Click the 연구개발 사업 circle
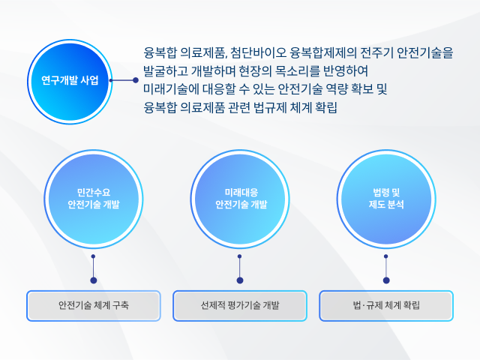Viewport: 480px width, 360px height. tap(70, 82)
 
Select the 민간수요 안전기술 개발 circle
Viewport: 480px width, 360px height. tap(93, 199)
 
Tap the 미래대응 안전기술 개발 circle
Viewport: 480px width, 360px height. tap(240, 199)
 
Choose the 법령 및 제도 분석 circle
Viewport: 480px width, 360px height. tap(386, 199)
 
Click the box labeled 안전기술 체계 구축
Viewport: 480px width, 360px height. tap(94, 305)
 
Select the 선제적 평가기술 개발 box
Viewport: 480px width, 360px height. tap(240, 305)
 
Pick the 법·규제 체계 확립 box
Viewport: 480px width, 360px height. tap(386, 305)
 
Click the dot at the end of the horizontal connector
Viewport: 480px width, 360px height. tap(136, 80)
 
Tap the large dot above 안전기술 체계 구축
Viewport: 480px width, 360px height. tap(94, 280)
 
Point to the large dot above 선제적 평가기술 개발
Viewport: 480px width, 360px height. tap(240, 280)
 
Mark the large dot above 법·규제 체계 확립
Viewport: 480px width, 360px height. tap(386, 280)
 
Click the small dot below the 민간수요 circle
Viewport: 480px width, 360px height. tap(93, 256)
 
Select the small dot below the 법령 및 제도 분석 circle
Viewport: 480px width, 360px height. tap(386, 256)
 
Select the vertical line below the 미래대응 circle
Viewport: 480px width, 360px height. tap(240, 268)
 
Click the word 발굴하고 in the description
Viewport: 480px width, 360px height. tap(166, 71)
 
